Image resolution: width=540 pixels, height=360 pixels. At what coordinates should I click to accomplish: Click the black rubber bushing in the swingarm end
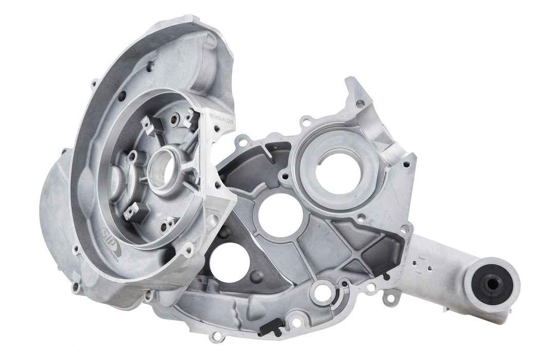click(x=493, y=282)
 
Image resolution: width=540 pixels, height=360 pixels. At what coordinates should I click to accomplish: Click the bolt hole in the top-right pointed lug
click(x=360, y=104)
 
